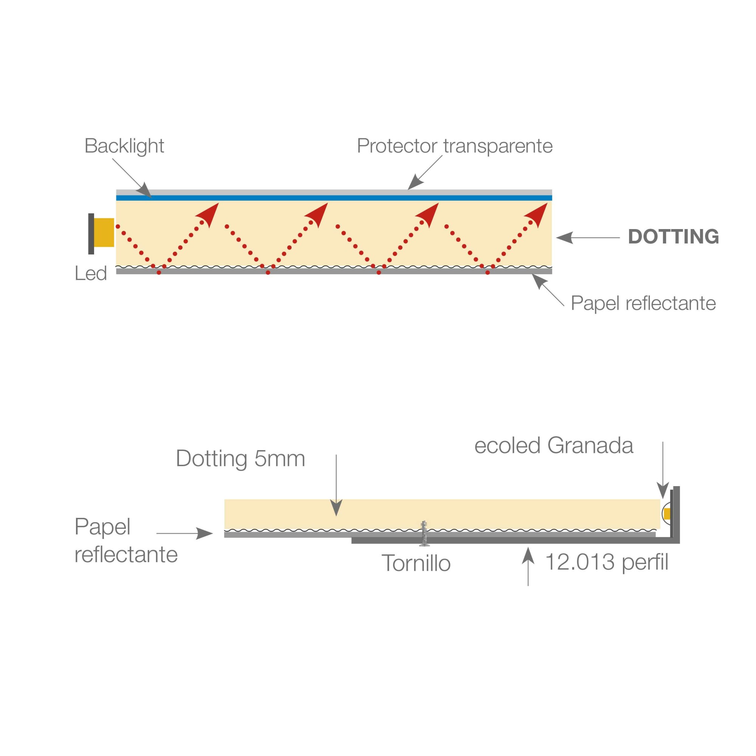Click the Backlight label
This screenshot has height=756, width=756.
[124, 146]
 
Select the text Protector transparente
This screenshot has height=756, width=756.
[454, 146]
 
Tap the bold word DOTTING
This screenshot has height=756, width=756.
[673, 237]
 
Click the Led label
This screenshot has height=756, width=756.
[90, 274]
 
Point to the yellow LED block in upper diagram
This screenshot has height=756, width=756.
[104, 232]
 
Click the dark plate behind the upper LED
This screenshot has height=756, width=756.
[91, 234]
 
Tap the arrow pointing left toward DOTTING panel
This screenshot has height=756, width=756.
[587, 237]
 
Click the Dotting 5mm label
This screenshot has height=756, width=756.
[240, 459]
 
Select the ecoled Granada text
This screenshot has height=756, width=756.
[553, 446]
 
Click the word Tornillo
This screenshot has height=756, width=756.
[416, 564]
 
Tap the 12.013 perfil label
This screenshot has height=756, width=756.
[607, 562]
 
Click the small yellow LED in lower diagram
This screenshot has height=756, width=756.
[667, 514]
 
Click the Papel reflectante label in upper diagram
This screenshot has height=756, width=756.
[643, 303]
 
